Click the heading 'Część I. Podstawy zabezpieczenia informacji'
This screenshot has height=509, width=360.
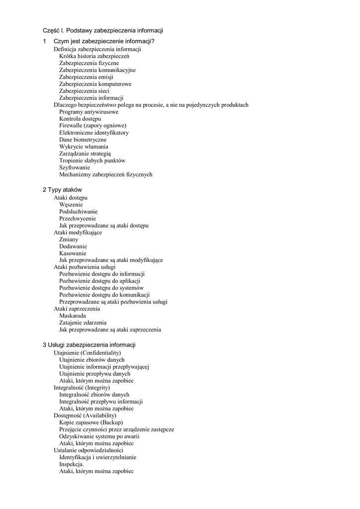click(103, 31)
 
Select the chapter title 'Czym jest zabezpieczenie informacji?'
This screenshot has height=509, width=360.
click(104, 41)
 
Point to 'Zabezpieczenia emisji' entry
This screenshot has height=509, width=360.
click(86, 77)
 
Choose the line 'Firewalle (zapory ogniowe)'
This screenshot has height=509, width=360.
click(92, 126)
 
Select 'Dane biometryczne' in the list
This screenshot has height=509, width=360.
click(83, 140)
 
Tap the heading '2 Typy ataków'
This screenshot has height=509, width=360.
click(62, 190)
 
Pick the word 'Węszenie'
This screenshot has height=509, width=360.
click(71, 204)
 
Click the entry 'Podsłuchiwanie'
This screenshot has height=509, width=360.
click(78, 211)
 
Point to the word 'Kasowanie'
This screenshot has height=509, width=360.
click(73, 253)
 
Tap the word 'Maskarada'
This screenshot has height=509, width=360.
click(72, 316)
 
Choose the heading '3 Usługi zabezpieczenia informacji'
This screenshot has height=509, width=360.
click(89, 345)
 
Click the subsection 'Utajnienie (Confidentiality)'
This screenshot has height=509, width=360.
click(87, 352)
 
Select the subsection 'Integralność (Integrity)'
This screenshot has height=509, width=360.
click(82, 387)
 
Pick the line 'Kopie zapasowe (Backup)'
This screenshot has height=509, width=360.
click(91, 422)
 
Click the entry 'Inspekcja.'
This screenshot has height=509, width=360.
click(72, 464)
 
